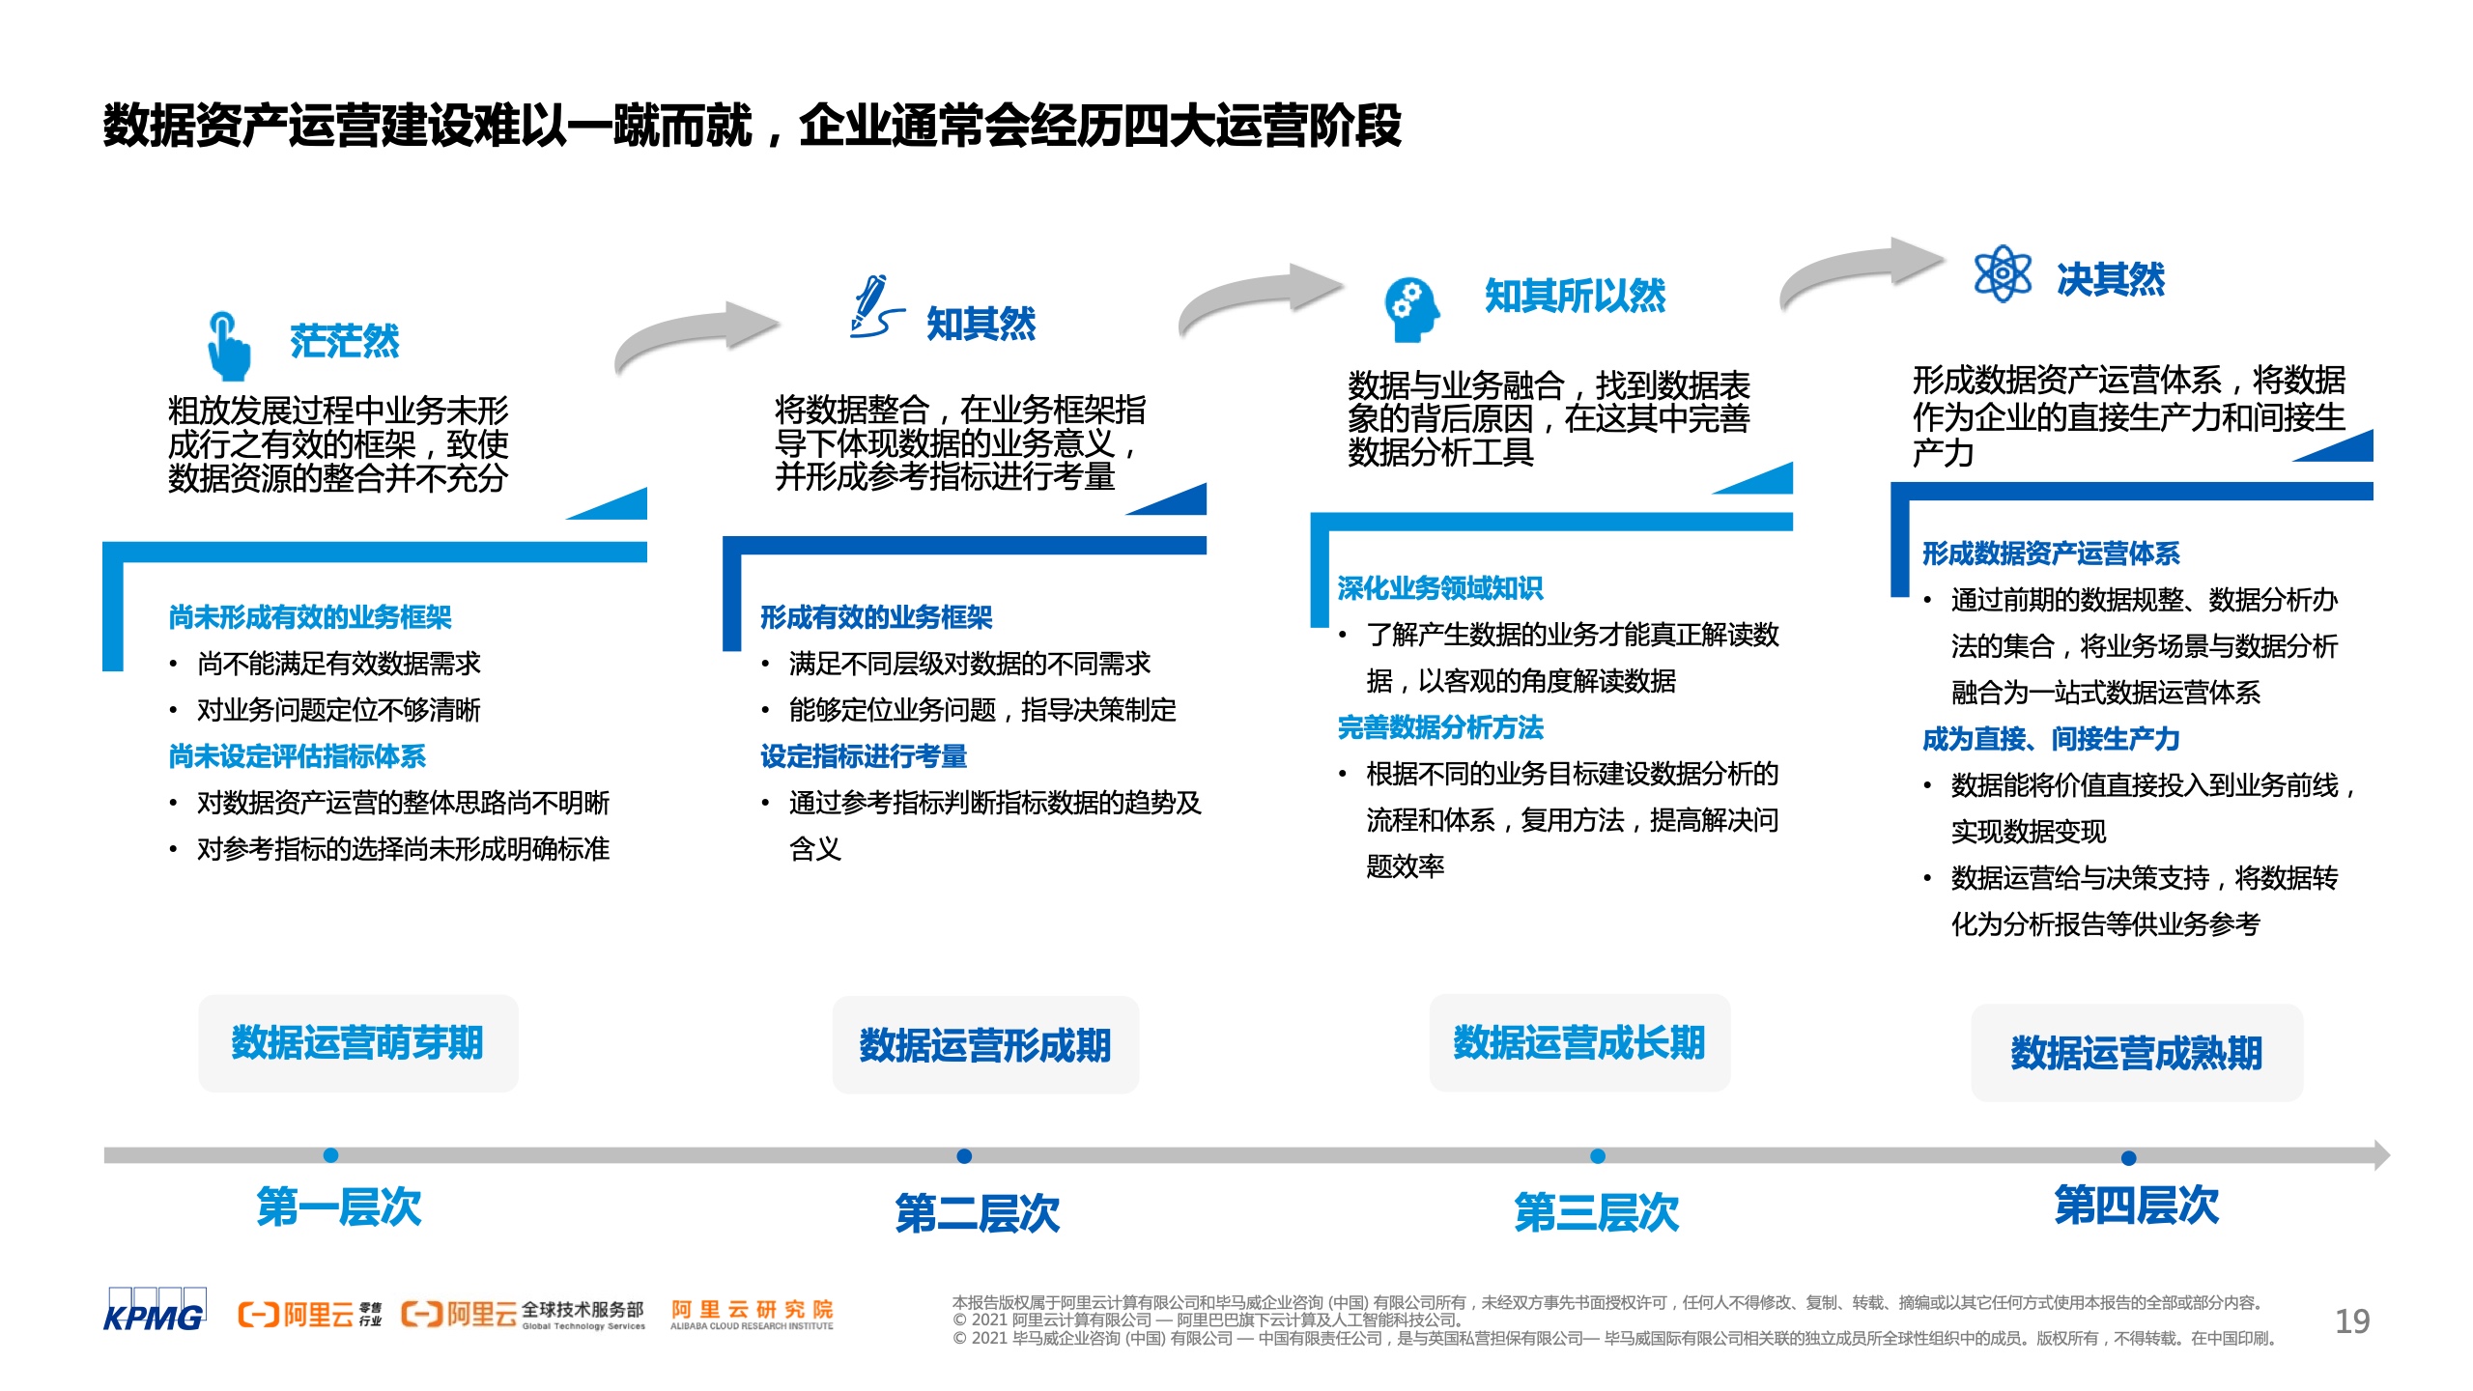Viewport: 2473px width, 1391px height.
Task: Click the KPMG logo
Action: pyautogui.click(x=155, y=1310)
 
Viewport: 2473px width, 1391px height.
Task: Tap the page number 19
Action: pyautogui.click(x=2352, y=1320)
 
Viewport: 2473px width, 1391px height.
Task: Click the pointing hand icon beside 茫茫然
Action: pyautogui.click(x=228, y=345)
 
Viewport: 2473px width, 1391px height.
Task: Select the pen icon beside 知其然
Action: pyautogui.click(x=876, y=306)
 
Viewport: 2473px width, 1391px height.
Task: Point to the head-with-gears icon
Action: pyautogui.click(x=1411, y=309)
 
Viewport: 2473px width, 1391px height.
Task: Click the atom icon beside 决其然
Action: pyautogui.click(x=2003, y=273)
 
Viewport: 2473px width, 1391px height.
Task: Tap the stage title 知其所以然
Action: pyautogui.click(x=1575, y=296)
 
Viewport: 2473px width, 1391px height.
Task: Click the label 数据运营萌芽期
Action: pyautogui.click(x=357, y=1043)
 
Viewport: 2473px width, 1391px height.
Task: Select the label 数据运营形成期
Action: pyautogui.click(x=985, y=1045)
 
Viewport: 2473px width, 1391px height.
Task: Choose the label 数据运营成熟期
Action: pyautogui.click(x=2137, y=1053)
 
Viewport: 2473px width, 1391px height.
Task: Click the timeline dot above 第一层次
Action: pyautogui.click(x=330, y=1155)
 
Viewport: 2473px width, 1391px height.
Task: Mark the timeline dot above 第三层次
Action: pyautogui.click(x=1598, y=1156)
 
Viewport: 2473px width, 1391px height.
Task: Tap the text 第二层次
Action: pyautogui.click(x=978, y=1213)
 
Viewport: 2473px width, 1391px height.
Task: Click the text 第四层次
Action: pyautogui.click(x=2137, y=1206)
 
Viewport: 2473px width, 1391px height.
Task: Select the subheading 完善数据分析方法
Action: pyautogui.click(x=1440, y=727)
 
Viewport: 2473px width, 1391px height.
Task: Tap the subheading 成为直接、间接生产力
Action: pyautogui.click(x=2051, y=739)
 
